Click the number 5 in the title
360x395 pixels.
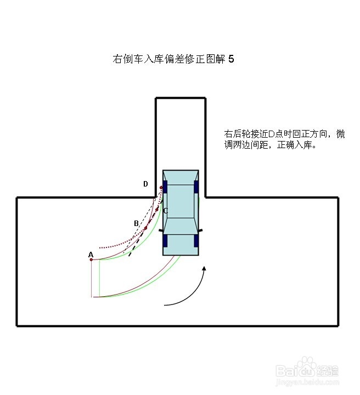(x=231, y=59)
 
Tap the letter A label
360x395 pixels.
(x=91, y=255)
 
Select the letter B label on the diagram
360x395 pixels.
(x=136, y=223)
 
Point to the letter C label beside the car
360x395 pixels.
(x=165, y=211)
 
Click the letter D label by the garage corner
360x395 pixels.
(x=145, y=184)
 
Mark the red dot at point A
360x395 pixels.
(x=91, y=259)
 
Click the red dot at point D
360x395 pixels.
(x=161, y=188)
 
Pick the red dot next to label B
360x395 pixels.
(x=145, y=228)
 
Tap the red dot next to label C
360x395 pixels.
(x=157, y=210)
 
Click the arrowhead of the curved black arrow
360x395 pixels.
(x=205, y=269)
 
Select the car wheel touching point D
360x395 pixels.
(x=165, y=186)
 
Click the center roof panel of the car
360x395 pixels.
(x=181, y=201)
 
